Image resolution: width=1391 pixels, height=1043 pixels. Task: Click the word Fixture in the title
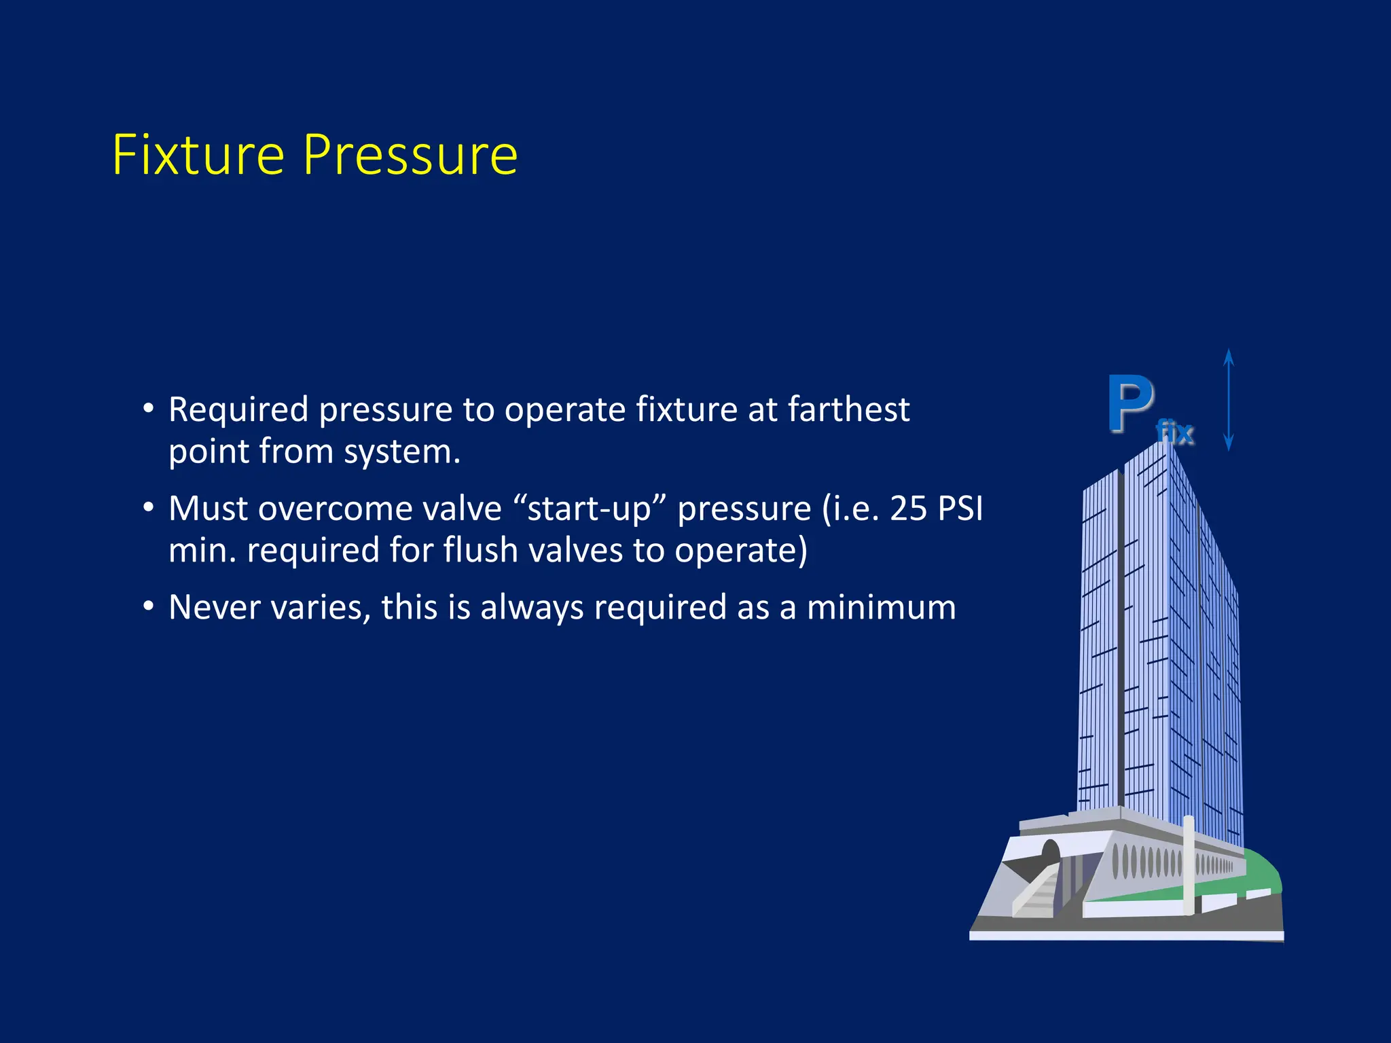[198, 155]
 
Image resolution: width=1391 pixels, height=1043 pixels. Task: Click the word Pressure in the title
[410, 155]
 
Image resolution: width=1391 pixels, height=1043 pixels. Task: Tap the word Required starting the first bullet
[238, 410]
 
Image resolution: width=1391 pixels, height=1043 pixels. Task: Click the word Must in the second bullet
[207, 509]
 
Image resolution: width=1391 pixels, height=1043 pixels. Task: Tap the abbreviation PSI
[960, 509]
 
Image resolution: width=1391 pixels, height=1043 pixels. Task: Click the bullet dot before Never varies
[148, 606]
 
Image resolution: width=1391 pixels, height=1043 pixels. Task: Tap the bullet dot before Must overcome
[148, 507]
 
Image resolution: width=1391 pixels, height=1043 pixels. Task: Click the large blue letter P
[1130, 405]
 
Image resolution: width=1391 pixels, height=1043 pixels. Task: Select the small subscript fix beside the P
[1175, 433]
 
